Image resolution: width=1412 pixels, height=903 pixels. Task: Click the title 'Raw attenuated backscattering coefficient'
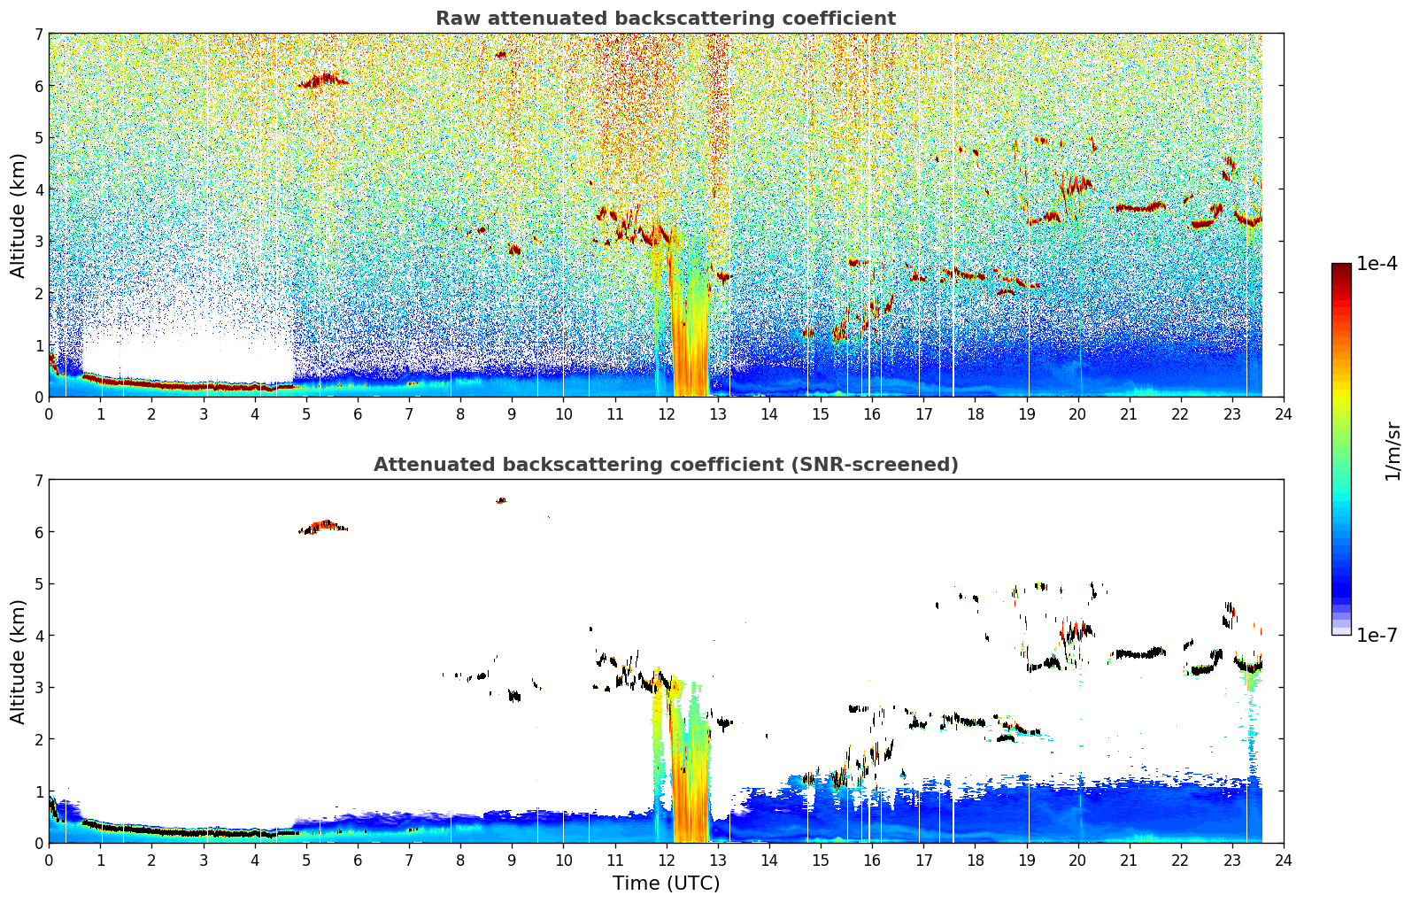coord(666,19)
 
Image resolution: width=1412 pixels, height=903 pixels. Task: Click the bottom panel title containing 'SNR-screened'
coord(666,465)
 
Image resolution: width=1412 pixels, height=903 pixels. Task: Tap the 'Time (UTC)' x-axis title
coord(666,884)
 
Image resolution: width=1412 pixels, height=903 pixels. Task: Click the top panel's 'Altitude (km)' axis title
coord(18,216)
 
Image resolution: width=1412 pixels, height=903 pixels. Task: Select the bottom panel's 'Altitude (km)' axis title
coord(18,662)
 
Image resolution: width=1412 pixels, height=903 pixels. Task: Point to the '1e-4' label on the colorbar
coord(1377,264)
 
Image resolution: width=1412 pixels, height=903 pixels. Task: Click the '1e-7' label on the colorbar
coord(1377,635)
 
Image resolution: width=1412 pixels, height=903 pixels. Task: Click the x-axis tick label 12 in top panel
coord(667,414)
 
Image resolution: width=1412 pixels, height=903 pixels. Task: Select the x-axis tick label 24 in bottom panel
coord(1284,861)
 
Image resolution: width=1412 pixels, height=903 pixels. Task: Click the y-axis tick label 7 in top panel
coord(38,34)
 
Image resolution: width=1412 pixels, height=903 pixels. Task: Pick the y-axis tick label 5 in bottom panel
coord(38,584)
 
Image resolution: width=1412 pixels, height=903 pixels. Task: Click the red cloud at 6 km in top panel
coord(323,80)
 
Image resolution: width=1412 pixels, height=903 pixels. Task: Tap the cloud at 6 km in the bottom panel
coord(323,527)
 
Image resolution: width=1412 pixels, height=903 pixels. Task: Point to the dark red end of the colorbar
coord(1341,268)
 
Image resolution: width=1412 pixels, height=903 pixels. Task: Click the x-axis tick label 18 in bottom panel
coord(976,861)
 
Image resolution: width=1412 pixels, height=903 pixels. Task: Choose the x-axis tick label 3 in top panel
coord(204,414)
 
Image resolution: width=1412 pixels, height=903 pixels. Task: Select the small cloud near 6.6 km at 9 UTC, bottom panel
coord(501,501)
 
